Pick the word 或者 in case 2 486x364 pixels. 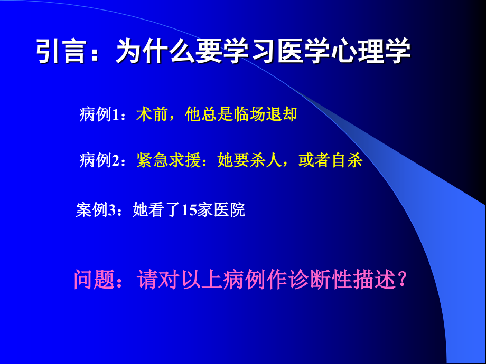315,160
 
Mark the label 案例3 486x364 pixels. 96,210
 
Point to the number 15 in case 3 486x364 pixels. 188,210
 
